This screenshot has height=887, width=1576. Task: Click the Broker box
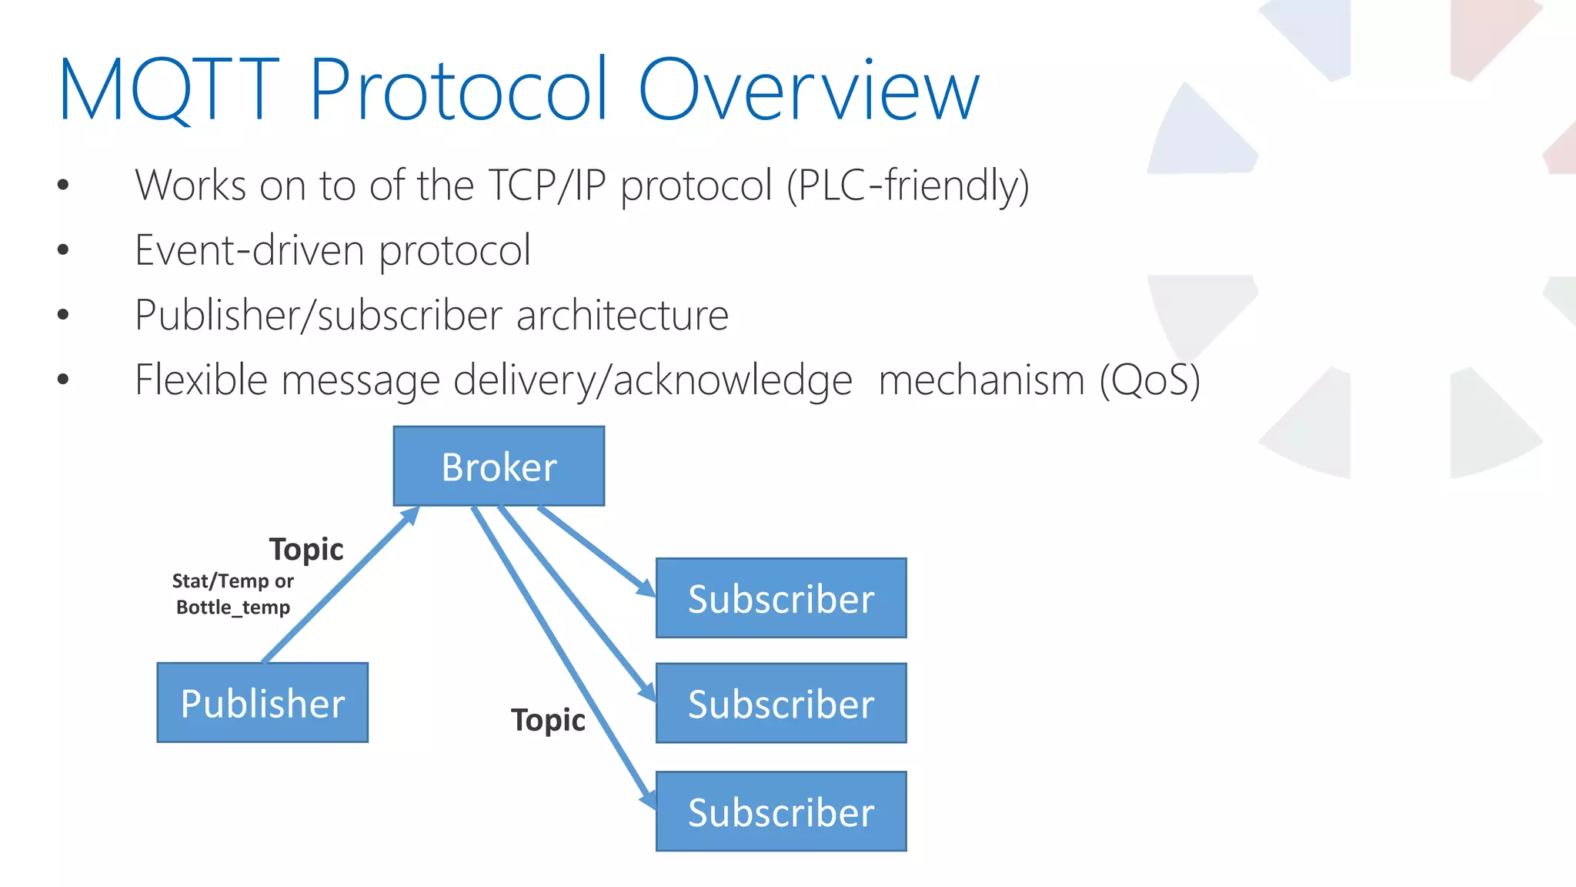[x=499, y=466]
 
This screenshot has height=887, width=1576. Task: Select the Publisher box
[x=262, y=702]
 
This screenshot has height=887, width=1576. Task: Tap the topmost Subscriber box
[x=781, y=598]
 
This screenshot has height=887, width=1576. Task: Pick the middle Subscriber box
[x=781, y=703]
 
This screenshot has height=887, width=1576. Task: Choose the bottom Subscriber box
[x=781, y=812]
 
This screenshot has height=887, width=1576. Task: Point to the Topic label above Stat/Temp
[x=306, y=550]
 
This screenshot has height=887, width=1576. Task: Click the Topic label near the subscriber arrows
[x=548, y=721]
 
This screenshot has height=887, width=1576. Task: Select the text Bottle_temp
[x=233, y=608]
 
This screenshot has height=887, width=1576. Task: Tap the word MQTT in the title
[x=168, y=90]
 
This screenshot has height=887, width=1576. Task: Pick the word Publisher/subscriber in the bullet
[x=319, y=316]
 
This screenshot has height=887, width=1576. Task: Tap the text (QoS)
[x=1150, y=380]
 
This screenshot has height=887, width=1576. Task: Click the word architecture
[x=622, y=316]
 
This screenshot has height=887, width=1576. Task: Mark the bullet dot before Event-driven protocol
[x=63, y=249]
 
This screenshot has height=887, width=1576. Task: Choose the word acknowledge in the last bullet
[x=733, y=380]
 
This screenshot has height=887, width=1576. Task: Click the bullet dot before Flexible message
[x=63, y=379]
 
